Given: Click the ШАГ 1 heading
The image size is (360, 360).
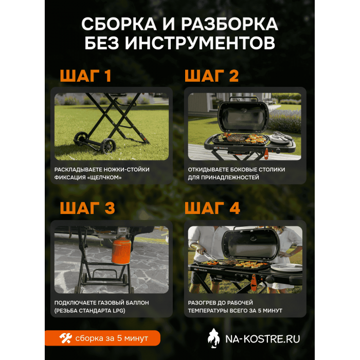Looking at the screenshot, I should (x=85, y=77).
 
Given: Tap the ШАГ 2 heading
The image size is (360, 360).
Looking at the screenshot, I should (x=211, y=77).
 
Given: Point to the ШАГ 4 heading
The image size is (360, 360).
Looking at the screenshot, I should (x=212, y=208).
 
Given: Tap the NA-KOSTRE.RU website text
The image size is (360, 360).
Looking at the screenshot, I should (x=262, y=338).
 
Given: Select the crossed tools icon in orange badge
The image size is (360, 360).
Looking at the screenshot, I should (x=66, y=338).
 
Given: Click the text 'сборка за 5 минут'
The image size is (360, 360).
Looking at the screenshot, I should (x=112, y=338).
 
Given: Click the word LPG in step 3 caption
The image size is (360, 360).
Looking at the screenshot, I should (x=118, y=311).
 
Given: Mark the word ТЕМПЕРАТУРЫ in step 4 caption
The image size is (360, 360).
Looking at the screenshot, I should (x=210, y=311).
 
